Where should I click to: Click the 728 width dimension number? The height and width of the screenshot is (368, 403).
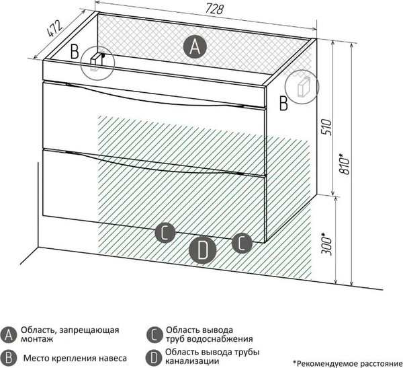point(214,9)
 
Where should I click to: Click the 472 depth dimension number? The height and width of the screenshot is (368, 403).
point(54,28)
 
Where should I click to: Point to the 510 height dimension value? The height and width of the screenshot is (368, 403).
point(326,127)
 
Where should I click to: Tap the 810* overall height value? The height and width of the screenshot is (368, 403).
point(345,164)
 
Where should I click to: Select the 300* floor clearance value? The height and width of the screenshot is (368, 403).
point(326,244)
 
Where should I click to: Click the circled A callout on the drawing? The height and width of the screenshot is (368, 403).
point(195,47)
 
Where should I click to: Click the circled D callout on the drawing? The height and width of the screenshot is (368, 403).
point(203,250)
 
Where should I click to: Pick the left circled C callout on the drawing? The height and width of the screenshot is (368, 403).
point(165,233)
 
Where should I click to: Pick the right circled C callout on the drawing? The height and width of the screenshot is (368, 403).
point(242,243)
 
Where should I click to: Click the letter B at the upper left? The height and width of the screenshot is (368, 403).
point(75,52)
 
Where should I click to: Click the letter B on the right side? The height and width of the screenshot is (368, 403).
point(283,103)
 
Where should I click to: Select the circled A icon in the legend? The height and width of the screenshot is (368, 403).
point(9,335)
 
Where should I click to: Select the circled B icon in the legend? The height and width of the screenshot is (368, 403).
point(9,358)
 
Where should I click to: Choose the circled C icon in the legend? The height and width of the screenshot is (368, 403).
point(154,335)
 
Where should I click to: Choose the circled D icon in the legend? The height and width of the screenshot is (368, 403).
point(154,357)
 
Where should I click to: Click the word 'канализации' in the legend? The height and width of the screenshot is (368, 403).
point(192,361)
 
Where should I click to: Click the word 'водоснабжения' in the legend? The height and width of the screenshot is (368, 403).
point(220,339)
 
